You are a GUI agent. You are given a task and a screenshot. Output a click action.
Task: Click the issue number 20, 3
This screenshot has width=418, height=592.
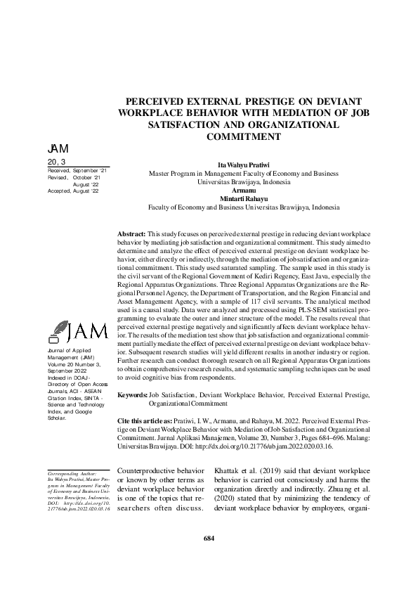tap(55, 162)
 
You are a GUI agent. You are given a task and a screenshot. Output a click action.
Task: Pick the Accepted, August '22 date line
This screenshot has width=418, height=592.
tap(74, 191)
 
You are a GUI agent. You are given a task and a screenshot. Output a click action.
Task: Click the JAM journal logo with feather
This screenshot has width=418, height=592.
tap(77, 330)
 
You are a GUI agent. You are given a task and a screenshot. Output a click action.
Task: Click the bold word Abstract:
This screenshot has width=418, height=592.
tap(131, 232)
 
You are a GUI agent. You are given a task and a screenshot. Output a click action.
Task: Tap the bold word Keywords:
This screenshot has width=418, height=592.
tap(132, 396)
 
